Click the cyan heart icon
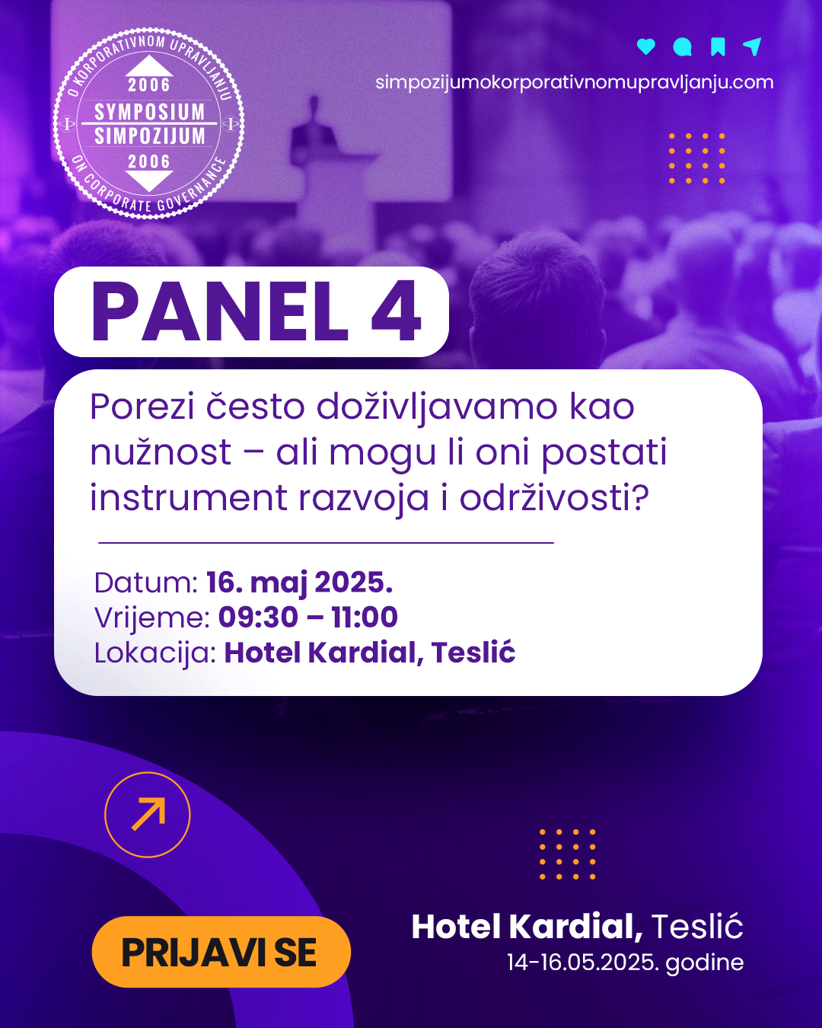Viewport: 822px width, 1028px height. click(645, 46)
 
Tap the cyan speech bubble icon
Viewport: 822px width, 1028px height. click(682, 47)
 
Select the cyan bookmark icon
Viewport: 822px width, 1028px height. click(718, 46)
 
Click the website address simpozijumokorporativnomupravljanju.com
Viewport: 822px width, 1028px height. click(574, 83)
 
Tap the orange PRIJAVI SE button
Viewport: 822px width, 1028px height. click(221, 952)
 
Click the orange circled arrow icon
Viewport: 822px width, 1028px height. click(148, 815)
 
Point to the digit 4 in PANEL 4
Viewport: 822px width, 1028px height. click(397, 311)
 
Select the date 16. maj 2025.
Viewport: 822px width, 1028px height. click(299, 583)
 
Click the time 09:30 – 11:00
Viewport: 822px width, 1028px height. click(308, 617)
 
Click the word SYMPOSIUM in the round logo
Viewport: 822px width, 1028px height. click(149, 112)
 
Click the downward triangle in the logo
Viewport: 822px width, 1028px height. click(149, 181)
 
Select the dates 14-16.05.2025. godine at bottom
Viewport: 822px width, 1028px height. click(625, 963)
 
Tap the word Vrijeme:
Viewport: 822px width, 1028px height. click(152, 618)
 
